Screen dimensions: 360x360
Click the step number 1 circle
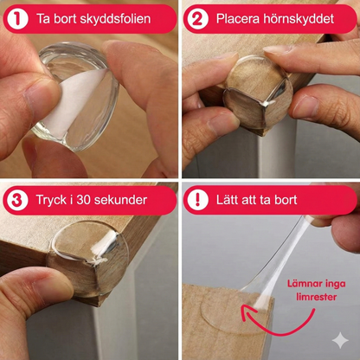click(16, 18)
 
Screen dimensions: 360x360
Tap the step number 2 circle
click(196, 18)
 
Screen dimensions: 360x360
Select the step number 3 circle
click(16, 200)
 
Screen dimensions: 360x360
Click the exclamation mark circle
click(196, 200)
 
